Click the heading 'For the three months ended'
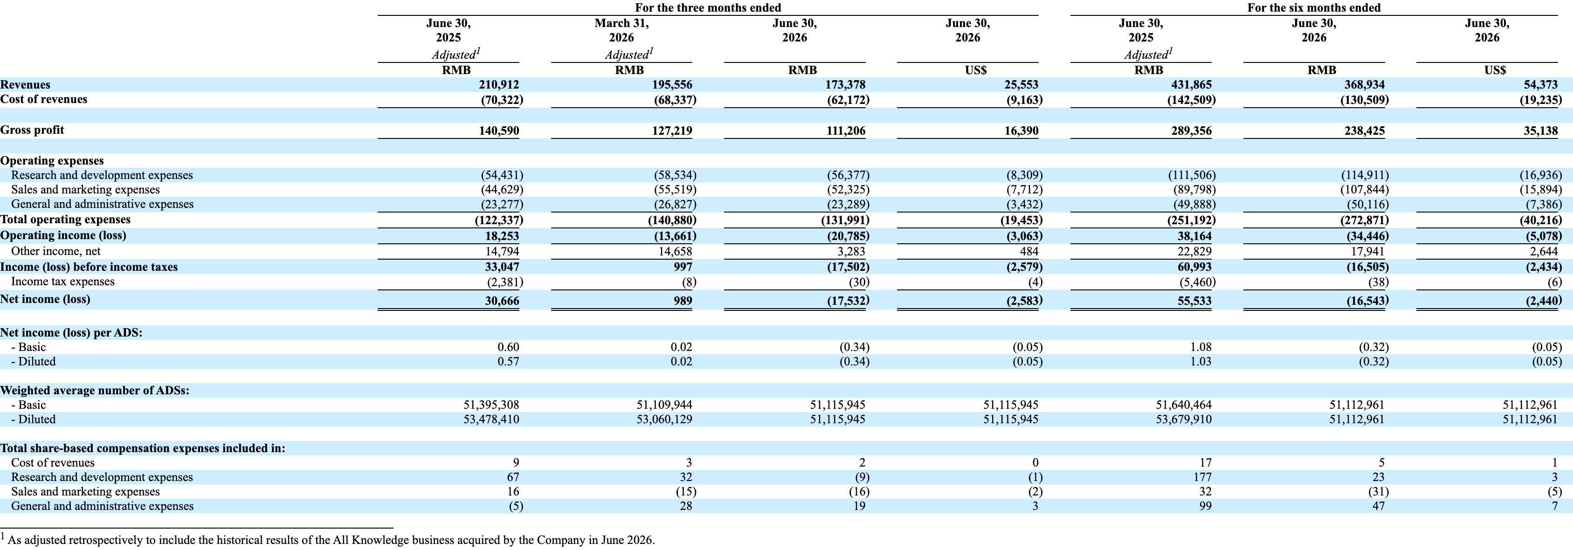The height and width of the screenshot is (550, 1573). click(x=708, y=7)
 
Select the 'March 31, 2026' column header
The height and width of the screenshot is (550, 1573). click(x=621, y=30)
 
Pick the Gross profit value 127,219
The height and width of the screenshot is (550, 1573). click(x=672, y=131)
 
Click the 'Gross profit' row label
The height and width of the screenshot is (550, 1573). click(x=32, y=130)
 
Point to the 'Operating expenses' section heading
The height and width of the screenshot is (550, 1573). click(x=52, y=160)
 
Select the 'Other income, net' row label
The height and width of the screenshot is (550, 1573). click(x=56, y=251)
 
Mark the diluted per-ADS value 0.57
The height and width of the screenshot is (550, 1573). click(x=509, y=361)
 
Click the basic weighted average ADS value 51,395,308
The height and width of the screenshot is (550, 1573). click(x=491, y=405)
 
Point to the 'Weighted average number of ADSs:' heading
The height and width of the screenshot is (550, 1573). click(x=95, y=391)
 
